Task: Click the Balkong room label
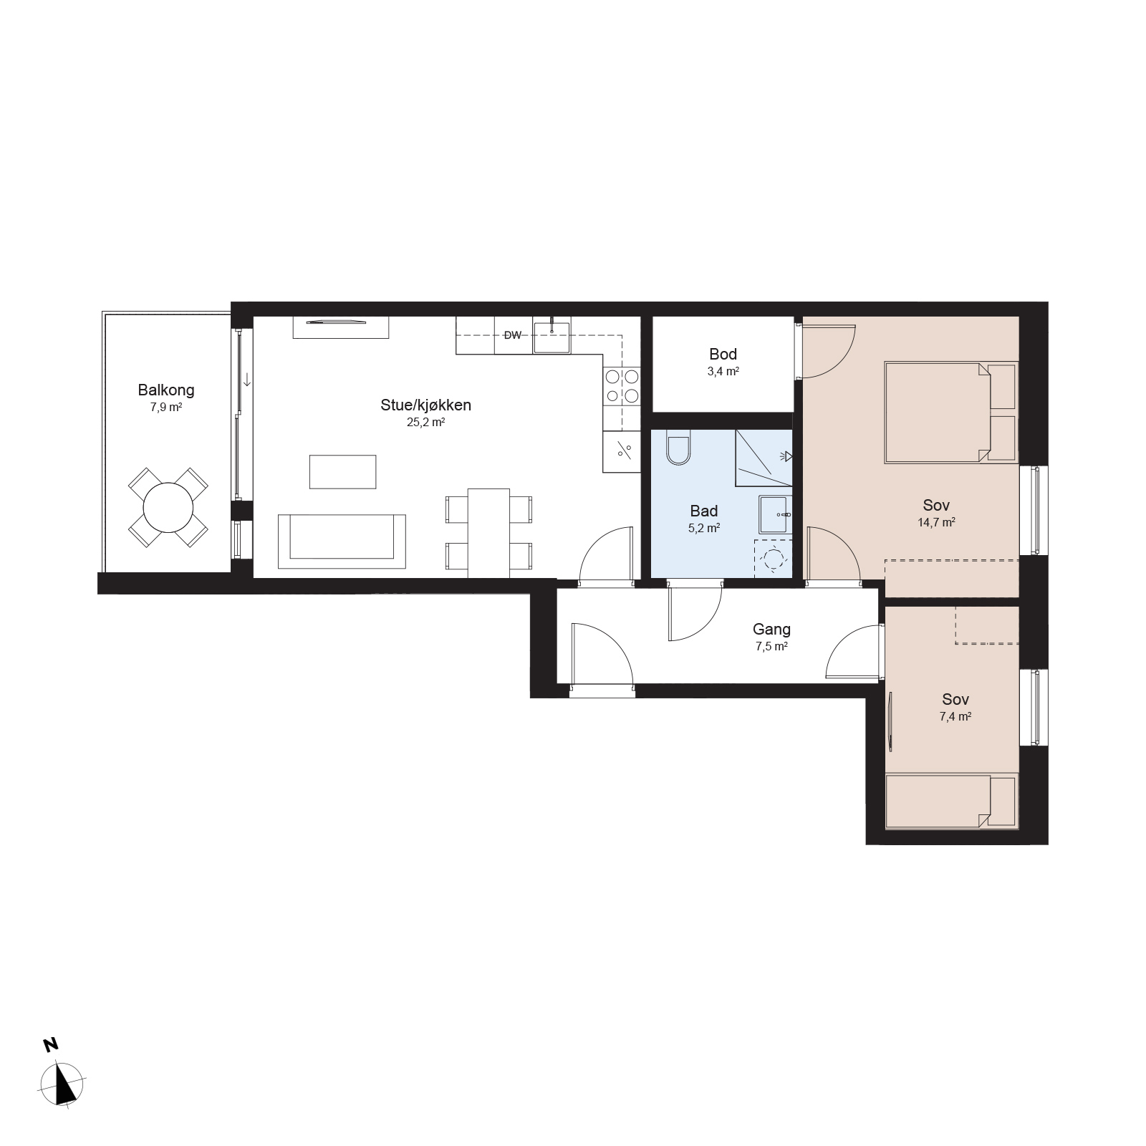(166, 390)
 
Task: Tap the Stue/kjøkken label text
(425, 405)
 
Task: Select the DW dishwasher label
(512, 335)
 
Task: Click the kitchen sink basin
(551, 337)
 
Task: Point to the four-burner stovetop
(622, 386)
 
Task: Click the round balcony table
(168, 508)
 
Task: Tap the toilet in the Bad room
(677, 448)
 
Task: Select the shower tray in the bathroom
(764, 458)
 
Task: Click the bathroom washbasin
(776, 514)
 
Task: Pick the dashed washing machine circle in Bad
(774, 558)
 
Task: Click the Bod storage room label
(723, 354)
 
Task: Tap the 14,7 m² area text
(936, 523)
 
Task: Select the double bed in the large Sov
(951, 413)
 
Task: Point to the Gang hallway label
(771, 630)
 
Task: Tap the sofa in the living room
(342, 541)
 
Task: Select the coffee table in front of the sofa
(343, 472)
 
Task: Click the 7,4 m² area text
(955, 716)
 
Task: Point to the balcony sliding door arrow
(247, 379)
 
